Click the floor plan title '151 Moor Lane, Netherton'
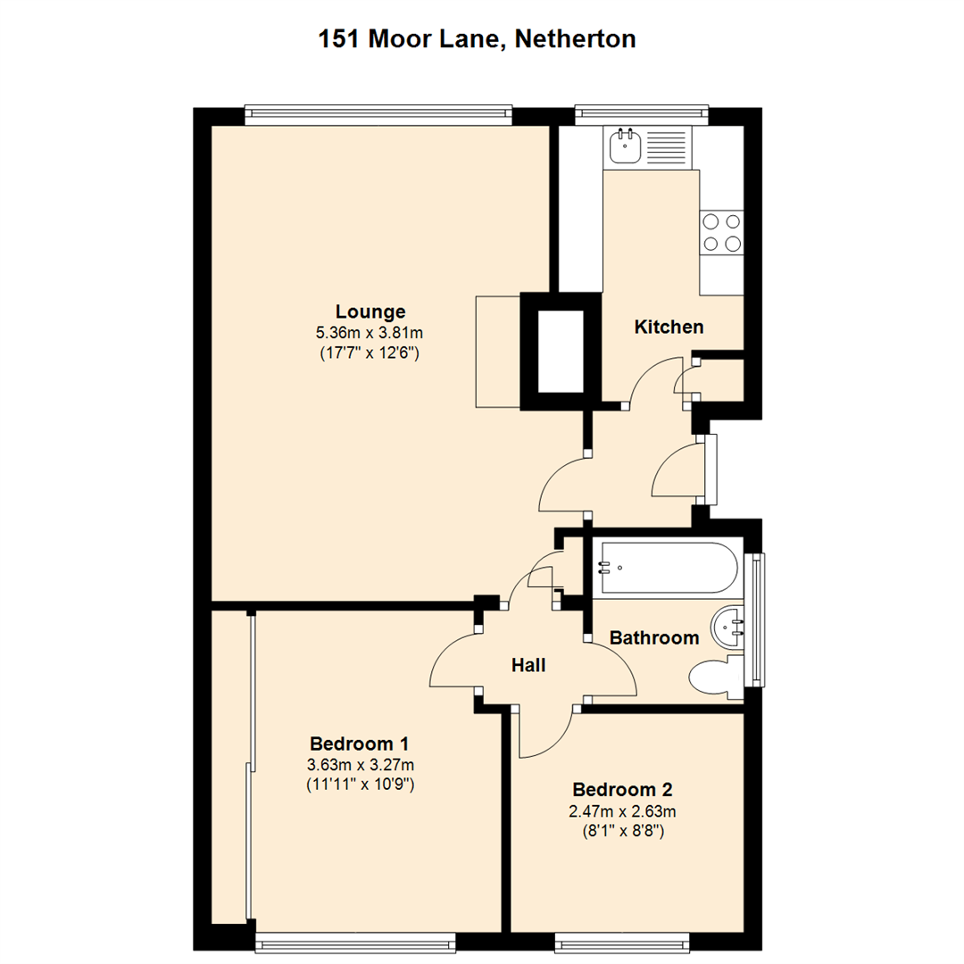[478, 39]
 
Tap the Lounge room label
[370, 312]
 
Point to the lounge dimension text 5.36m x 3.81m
[370, 333]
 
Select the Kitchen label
[669, 327]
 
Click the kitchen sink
[627, 145]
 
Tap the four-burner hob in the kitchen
[721, 232]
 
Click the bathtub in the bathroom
[668, 568]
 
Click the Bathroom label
[653, 638]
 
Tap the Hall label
[528, 665]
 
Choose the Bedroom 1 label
[360, 744]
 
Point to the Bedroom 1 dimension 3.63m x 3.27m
[361, 765]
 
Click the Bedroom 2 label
[622, 790]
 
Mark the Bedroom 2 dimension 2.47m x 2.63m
[623, 811]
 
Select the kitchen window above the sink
[641, 112]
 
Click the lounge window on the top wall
[378, 112]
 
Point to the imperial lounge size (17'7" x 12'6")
[370, 353]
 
